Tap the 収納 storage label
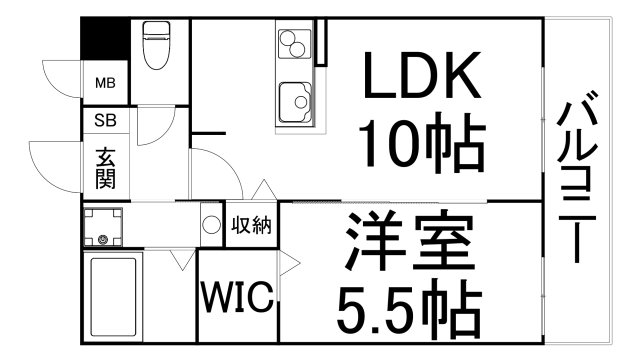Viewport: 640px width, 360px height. coord(251,225)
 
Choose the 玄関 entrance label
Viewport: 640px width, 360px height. coord(105,169)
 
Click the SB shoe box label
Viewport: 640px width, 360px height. coord(104,120)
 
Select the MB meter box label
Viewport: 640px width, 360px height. coord(104,83)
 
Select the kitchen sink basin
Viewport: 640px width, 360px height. coord(294,99)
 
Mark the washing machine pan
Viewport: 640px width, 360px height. coord(102,226)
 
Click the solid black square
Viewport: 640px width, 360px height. coord(105,40)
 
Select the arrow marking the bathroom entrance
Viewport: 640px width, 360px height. coord(181,261)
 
